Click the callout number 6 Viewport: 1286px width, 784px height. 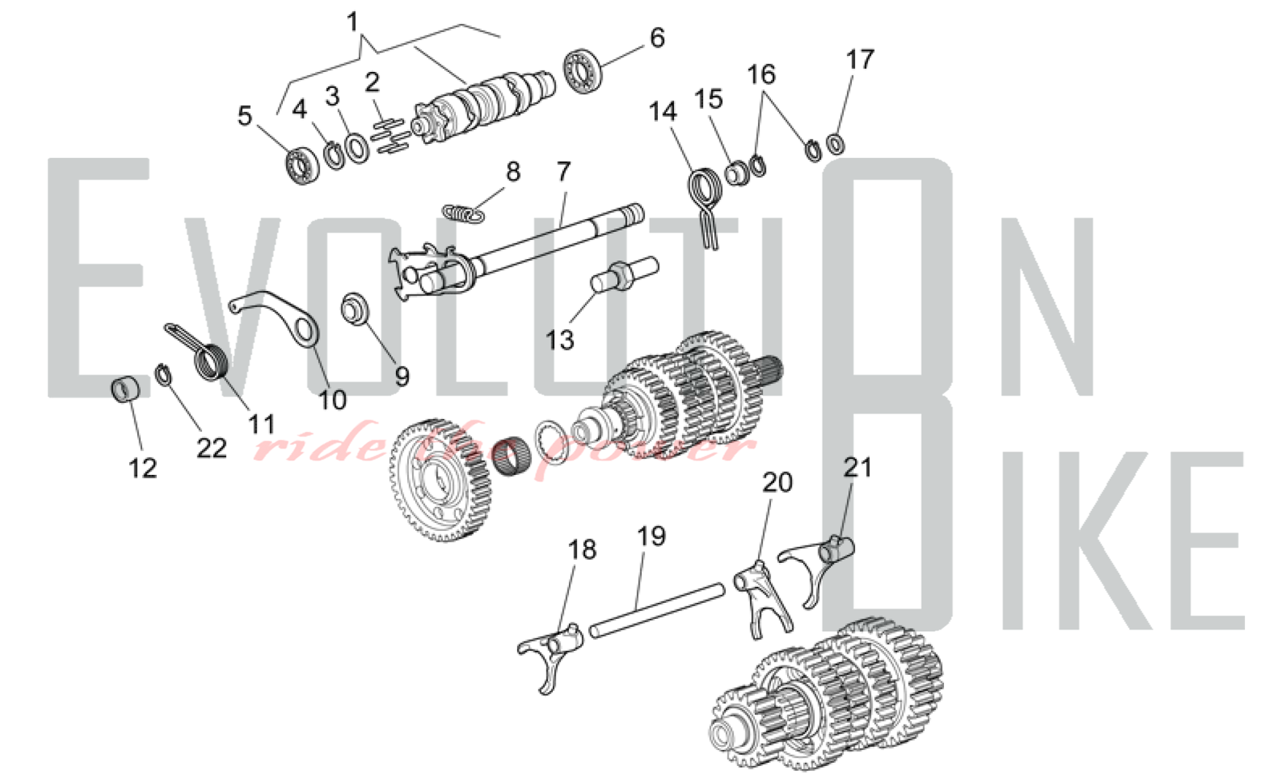click(657, 38)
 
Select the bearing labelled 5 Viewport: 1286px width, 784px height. click(302, 164)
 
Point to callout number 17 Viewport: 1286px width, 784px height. click(860, 59)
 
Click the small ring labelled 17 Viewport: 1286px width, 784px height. click(835, 143)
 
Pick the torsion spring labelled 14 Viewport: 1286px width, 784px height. click(705, 199)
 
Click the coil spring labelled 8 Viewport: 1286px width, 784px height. click(463, 213)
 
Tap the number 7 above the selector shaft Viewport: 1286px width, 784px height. click(563, 172)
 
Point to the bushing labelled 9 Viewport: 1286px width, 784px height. click(355, 308)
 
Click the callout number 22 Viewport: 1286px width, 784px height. click(212, 448)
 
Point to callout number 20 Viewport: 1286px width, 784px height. click(777, 483)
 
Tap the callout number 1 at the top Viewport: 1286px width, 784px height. click(352, 22)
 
